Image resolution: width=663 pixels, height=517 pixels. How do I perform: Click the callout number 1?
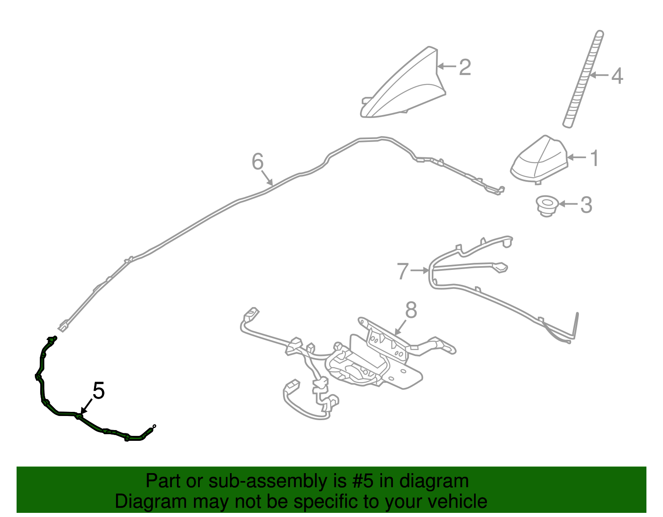[x=594, y=158]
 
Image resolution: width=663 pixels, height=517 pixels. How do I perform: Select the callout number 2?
[x=465, y=67]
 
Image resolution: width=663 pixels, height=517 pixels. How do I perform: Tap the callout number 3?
[x=586, y=205]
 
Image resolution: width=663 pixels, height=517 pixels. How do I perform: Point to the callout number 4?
[x=617, y=76]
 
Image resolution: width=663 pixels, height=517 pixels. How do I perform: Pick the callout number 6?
[x=257, y=162]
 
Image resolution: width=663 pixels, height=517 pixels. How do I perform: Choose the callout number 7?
[x=403, y=271]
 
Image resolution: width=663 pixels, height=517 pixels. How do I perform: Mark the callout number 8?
[x=411, y=310]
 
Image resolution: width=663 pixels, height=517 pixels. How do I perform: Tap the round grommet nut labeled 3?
[x=547, y=206]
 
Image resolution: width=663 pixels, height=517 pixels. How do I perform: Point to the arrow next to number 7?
[x=419, y=270]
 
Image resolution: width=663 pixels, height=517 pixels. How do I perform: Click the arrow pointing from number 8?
[x=400, y=327]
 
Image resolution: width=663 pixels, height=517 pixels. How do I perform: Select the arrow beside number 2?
[x=447, y=66]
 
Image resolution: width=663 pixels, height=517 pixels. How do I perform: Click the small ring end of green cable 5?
[x=154, y=426]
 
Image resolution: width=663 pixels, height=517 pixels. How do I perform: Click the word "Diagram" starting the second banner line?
[x=151, y=501]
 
